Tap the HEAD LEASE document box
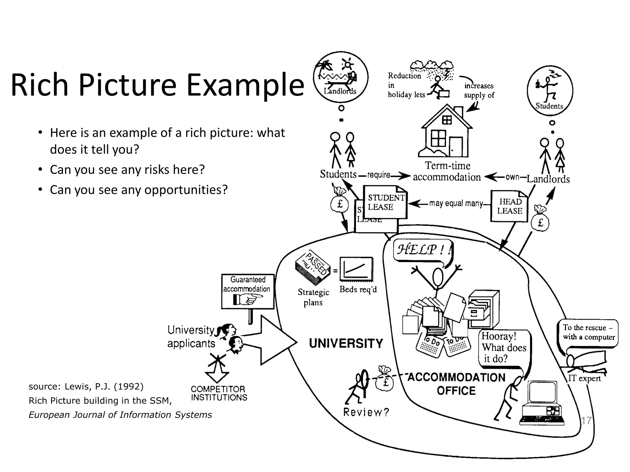point(509,206)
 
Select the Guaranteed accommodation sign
point(248,290)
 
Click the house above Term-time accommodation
point(446,132)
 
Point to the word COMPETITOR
point(218,389)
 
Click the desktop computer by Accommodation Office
point(542,403)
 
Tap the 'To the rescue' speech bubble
point(588,333)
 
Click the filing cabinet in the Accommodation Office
point(483,309)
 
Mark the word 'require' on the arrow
point(378,175)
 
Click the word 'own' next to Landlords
point(512,177)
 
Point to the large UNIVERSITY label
point(346,343)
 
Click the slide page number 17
point(586,420)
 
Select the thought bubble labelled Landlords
point(341,77)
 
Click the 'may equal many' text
point(456,203)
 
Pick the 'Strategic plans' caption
point(313,297)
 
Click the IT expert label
point(584,378)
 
